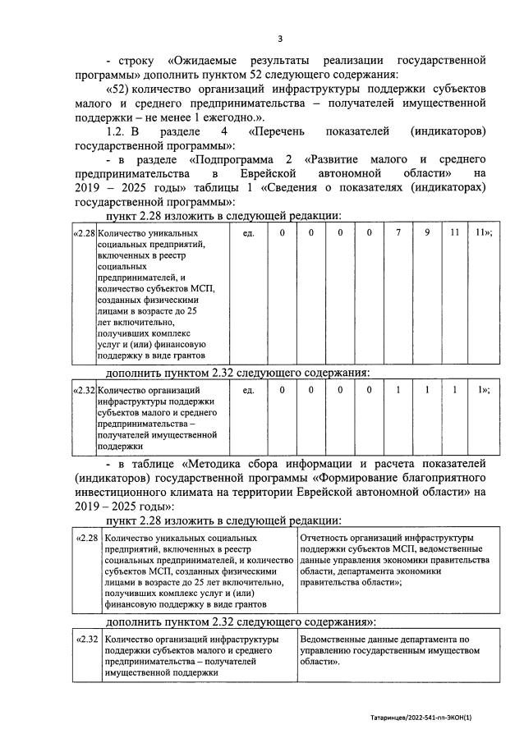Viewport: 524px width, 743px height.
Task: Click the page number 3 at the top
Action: pos(279,39)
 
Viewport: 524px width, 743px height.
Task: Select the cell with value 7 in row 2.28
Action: pos(398,234)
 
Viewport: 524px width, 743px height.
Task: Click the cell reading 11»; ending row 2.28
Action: pos(484,234)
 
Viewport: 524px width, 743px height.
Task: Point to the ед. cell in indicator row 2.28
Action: pos(249,234)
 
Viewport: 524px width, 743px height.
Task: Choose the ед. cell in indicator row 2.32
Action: pos(249,390)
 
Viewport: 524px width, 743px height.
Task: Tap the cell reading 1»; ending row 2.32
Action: pos(484,390)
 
